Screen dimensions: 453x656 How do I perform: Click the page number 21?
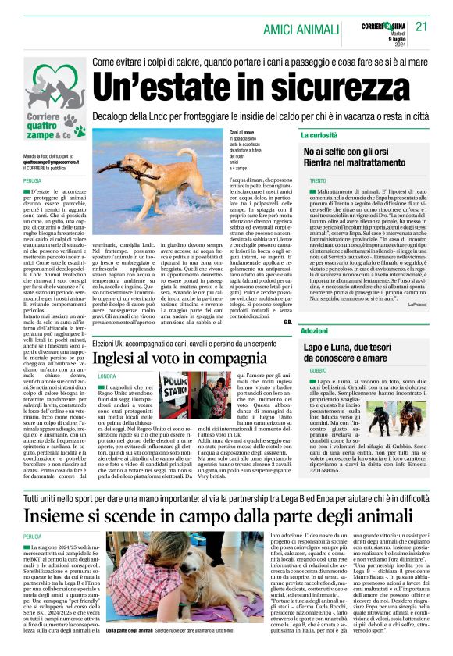(x=422, y=26)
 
